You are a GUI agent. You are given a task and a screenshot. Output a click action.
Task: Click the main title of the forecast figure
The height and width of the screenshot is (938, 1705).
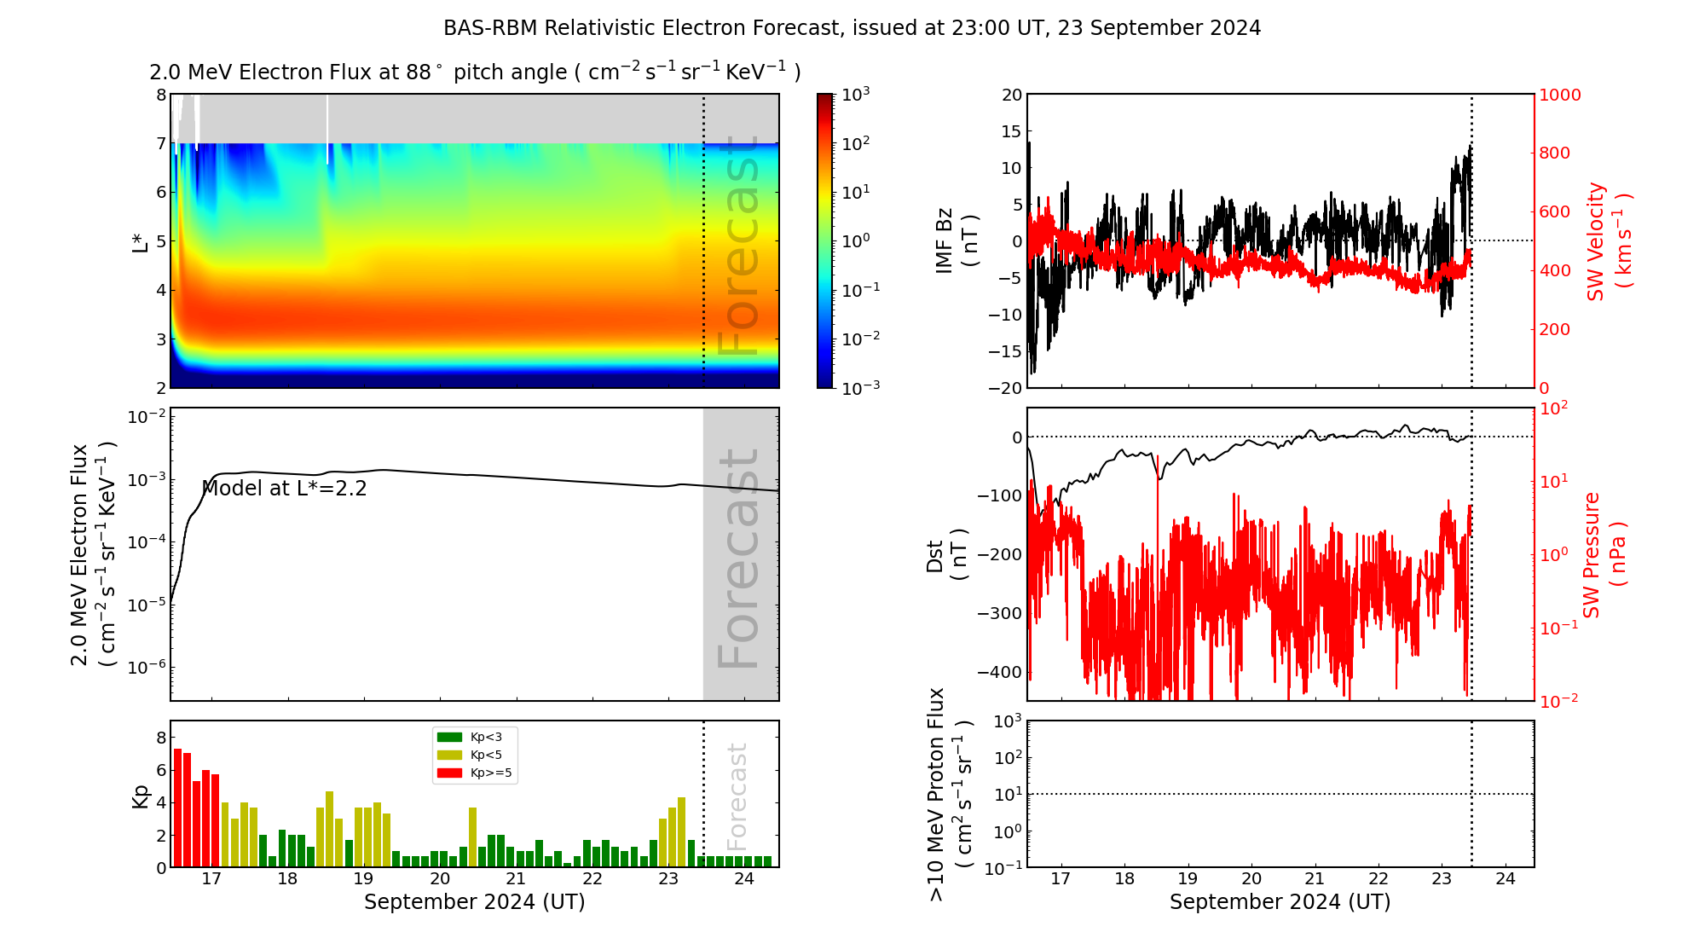(x=852, y=28)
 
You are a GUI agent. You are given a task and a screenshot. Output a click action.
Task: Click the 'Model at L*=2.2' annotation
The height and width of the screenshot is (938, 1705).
(x=284, y=489)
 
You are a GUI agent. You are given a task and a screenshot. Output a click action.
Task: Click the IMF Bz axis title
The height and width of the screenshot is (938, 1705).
(x=956, y=241)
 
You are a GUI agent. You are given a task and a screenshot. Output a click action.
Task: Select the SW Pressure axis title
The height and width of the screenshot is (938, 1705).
(x=1604, y=555)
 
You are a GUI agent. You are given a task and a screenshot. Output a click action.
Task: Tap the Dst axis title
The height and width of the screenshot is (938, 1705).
(x=946, y=555)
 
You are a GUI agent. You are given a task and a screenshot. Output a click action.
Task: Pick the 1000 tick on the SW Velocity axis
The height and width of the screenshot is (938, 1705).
(x=1559, y=95)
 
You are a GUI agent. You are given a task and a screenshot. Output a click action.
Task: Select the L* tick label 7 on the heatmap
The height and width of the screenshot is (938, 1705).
(x=161, y=143)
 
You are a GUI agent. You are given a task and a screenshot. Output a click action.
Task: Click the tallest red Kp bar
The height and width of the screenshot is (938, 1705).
(x=177, y=807)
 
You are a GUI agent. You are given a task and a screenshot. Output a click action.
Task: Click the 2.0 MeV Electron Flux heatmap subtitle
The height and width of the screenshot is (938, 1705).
(x=474, y=72)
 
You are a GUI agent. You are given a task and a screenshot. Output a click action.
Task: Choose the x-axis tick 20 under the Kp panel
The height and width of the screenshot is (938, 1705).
(x=439, y=879)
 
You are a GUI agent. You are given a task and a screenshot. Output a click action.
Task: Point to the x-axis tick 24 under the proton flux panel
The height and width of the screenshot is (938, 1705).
(x=1505, y=879)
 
